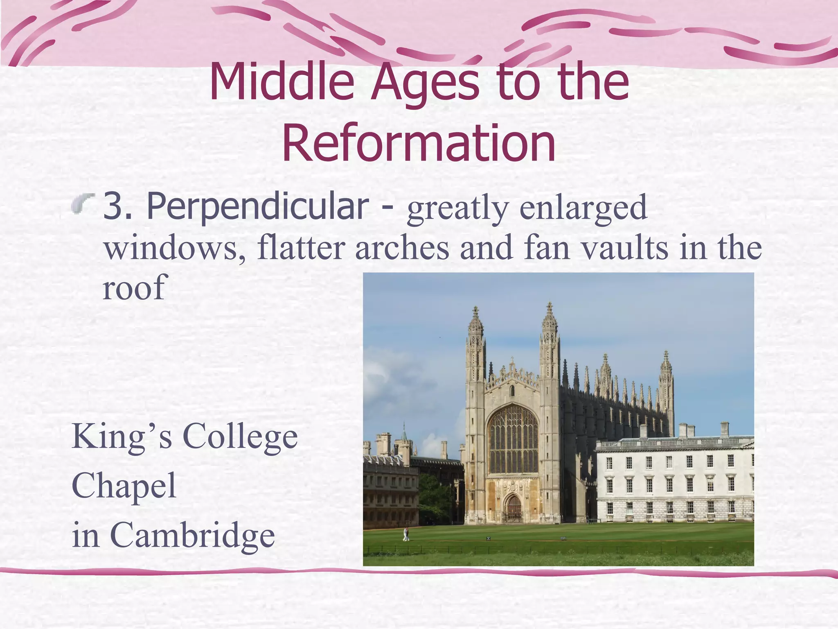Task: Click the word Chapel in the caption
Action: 124,486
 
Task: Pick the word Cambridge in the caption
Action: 192,535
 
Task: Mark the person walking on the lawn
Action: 406,534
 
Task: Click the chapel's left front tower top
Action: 475,324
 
